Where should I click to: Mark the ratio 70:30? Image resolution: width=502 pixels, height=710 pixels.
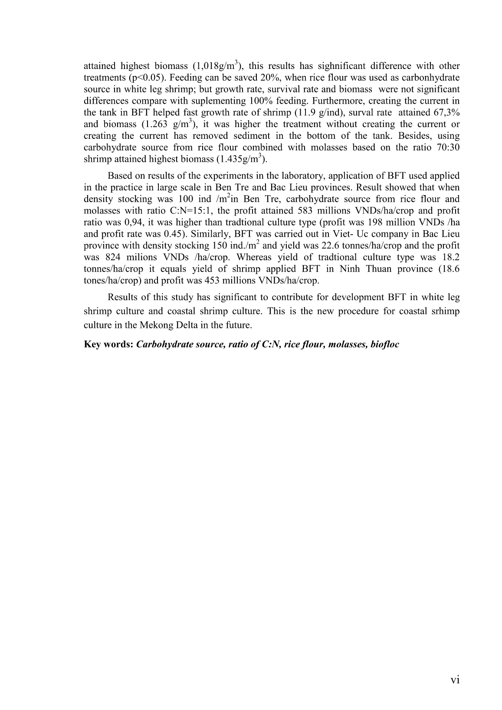[446, 147]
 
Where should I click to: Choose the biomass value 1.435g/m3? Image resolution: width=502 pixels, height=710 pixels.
[240, 159]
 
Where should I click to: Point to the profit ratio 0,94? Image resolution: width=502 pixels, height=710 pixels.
[121, 222]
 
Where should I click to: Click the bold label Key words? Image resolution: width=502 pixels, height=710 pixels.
[108, 345]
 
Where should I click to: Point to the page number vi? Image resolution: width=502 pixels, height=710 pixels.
[455, 680]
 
